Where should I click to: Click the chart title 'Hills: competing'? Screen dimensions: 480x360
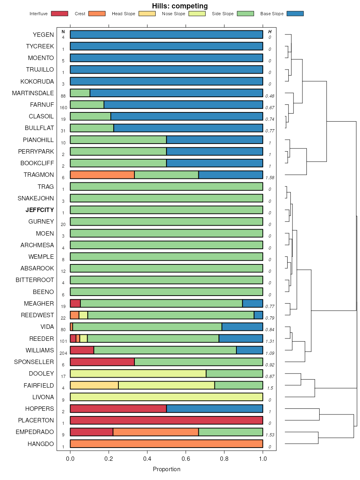pos(180,6)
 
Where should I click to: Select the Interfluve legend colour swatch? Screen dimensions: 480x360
pos(59,14)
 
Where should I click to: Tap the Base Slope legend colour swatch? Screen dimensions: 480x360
pos(295,14)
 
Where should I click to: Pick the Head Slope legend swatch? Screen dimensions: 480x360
pos(147,14)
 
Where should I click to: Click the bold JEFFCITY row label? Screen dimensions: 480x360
pos(40,210)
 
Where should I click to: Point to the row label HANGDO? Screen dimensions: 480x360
pos(40,444)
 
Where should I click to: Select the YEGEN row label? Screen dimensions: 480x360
pos(43,34)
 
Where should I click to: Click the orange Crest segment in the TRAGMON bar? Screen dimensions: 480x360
pos(102,175)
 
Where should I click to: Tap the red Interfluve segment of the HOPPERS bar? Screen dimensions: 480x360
pos(118,408)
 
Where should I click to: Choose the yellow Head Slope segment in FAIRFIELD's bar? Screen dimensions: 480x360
pos(94,385)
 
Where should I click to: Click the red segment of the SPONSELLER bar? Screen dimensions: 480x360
pos(102,362)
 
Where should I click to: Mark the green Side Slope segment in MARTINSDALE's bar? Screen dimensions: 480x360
pos(80,93)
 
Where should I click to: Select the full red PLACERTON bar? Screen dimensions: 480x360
pos(166,420)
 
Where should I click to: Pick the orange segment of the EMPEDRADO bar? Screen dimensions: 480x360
pos(156,432)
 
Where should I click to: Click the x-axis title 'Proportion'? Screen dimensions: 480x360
pos(166,469)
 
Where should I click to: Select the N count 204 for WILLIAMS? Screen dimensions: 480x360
pos(63,353)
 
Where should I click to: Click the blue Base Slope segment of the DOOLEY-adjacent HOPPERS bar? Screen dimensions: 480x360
pos(214,408)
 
